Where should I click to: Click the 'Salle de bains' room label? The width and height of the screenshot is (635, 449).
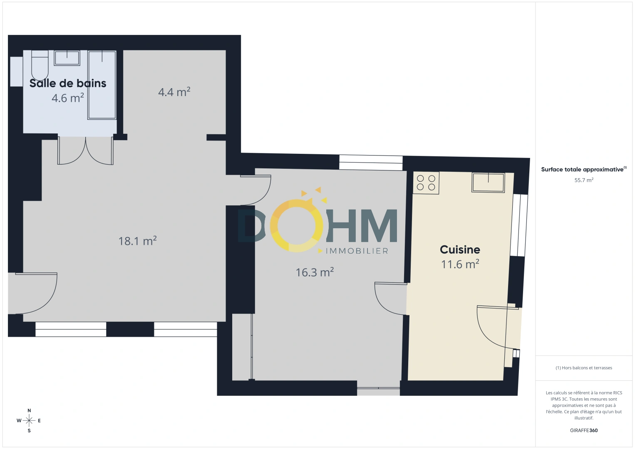click(68, 83)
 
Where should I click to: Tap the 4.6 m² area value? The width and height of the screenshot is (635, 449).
click(68, 98)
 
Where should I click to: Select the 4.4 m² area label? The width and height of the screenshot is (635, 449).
click(174, 92)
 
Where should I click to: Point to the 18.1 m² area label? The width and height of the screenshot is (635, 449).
click(137, 241)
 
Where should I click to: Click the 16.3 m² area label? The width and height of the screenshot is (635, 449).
click(315, 272)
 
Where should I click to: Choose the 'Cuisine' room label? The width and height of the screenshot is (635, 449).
click(460, 249)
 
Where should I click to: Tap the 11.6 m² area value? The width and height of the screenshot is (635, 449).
click(460, 264)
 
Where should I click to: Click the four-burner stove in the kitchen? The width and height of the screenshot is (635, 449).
click(426, 183)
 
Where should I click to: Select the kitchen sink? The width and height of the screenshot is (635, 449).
click(488, 183)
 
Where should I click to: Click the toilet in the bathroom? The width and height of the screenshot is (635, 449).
click(40, 65)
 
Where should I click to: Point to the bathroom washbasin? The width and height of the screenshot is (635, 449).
click(67, 58)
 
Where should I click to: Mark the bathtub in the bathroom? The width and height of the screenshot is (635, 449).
click(102, 85)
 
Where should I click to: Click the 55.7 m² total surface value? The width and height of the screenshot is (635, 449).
click(584, 180)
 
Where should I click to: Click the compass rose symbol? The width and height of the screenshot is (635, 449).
click(29, 421)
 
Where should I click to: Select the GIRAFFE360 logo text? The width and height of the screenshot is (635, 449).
click(584, 430)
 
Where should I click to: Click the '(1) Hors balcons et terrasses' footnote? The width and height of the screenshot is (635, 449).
click(584, 368)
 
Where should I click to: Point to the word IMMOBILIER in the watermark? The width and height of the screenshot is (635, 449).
click(357, 251)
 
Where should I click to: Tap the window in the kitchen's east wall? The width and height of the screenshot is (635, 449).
click(519, 225)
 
